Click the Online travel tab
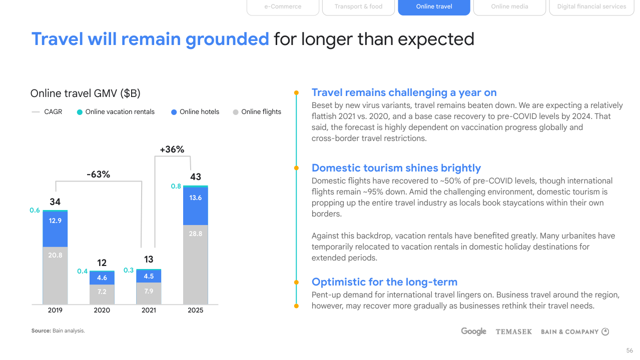[x=434, y=6]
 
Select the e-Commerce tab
[x=283, y=6]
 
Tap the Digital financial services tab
[x=591, y=6]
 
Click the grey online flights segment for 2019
[x=55, y=275]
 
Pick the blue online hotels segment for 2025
[x=196, y=205]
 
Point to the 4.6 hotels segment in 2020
[x=102, y=278]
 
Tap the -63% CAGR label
[x=98, y=174]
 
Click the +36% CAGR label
[x=172, y=149]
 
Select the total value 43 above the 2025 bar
[x=196, y=176]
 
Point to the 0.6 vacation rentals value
[x=35, y=210]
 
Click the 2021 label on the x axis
[x=149, y=310]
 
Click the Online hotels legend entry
[x=195, y=112]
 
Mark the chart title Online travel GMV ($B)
[x=86, y=93]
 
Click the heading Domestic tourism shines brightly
[x=396, y=168]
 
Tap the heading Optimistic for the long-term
[x=384, y=281]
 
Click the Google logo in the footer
[x=473, y=331]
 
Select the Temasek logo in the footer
[x=513, y=331]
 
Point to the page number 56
[x=629, y=350]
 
